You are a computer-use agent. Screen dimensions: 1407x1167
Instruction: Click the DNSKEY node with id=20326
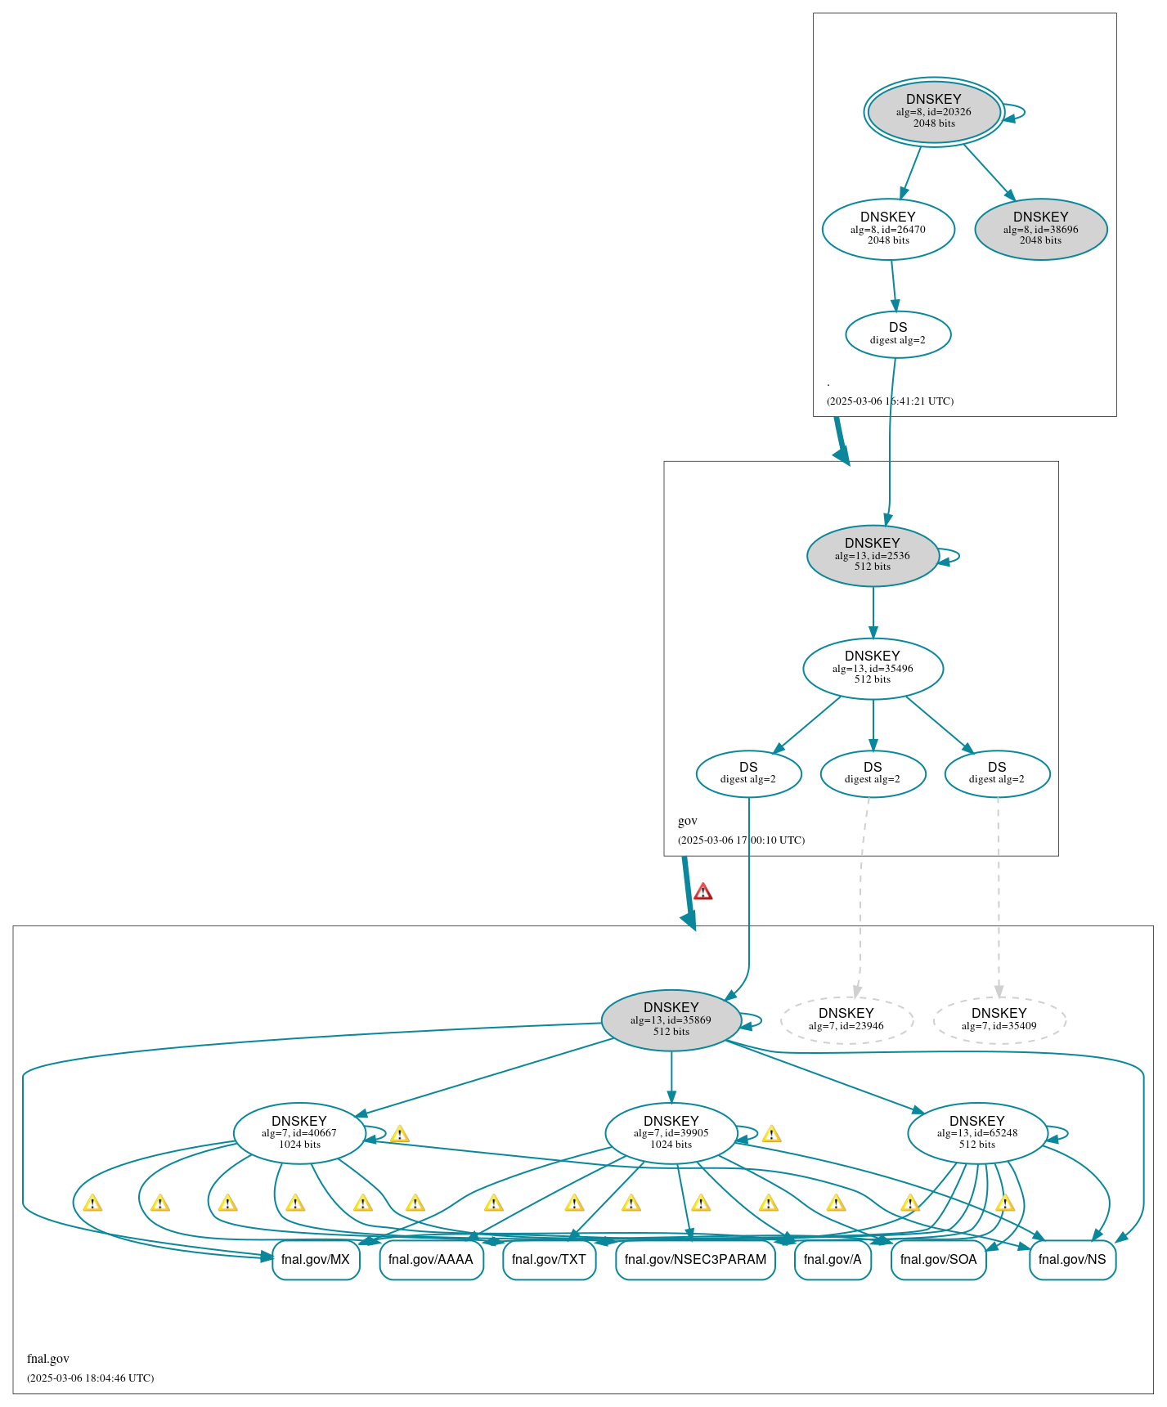click(934, 112)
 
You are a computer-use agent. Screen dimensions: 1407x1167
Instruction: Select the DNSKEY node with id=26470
click(888, 229)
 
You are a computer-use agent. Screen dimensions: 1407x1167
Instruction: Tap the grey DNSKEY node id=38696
click(1040, 229)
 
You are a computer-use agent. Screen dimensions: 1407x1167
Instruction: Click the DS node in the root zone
click(898, 334)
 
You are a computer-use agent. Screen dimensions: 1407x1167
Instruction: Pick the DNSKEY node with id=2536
click(873, 555)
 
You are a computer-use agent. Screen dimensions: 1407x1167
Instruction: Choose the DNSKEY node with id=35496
click(873, 668)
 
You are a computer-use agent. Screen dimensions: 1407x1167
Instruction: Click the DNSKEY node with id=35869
click(671, 1019)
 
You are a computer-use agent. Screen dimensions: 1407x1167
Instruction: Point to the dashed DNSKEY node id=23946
click(846, 1019)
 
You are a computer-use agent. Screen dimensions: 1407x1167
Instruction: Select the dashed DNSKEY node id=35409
click(999, 1019)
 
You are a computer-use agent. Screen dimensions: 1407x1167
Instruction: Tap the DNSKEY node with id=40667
click(299, 1132)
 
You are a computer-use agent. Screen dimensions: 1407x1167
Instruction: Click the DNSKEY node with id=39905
click(671, 1132)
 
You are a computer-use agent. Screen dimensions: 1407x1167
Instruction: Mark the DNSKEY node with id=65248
click(977, 1132)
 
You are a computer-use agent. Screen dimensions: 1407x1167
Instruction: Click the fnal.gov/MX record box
click(316, 1260)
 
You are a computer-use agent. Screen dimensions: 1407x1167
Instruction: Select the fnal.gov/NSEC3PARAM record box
click(695, 1260)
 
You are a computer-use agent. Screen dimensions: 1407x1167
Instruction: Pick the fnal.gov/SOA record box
click(938, 1260)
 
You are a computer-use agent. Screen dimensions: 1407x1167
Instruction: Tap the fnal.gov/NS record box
click(1072, 1260)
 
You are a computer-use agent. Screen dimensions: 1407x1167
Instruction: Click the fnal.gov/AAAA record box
click(431, 1260)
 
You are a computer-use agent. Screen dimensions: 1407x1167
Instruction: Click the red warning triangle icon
click(702, 892)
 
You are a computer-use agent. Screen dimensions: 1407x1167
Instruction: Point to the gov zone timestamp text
click(741, 840)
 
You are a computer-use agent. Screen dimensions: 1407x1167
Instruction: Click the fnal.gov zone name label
click(48, 1359)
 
